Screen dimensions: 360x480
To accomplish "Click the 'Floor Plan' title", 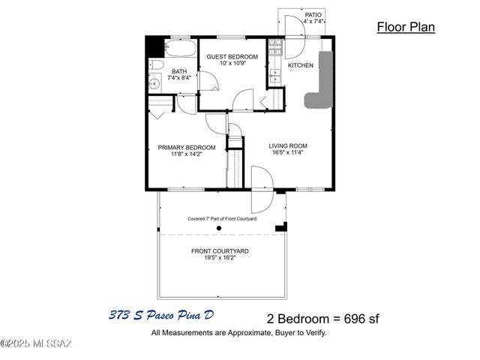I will click(x=405, y=28).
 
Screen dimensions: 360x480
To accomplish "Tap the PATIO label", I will click(x=313, y=14).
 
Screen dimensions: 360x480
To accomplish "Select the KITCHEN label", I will click(x=301, y=66).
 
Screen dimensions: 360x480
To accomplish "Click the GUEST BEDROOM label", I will click(x=232, y=56).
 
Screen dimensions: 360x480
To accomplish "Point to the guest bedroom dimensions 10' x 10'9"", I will click(x=232, y=64).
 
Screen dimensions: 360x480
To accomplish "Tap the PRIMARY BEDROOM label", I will click(x=187, y=147).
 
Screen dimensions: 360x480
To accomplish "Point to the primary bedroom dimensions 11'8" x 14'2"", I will click(x=187, y=156).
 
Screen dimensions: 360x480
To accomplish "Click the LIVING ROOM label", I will click(x=288, y=145).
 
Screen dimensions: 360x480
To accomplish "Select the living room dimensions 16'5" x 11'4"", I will click(x=288, y=154).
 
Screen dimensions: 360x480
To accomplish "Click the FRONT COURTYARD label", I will click(x=220, y=250).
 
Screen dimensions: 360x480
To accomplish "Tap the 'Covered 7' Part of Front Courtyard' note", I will click(x=222, y=218).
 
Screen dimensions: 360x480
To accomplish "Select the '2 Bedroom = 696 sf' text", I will click(x=323, y=317).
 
